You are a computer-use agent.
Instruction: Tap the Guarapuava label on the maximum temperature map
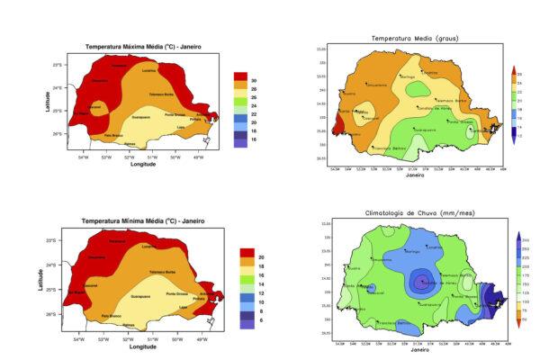click(146, 118)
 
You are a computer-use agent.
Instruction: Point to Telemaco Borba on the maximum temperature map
click(162, 94)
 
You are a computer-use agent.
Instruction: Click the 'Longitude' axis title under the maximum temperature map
click(143, 165)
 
